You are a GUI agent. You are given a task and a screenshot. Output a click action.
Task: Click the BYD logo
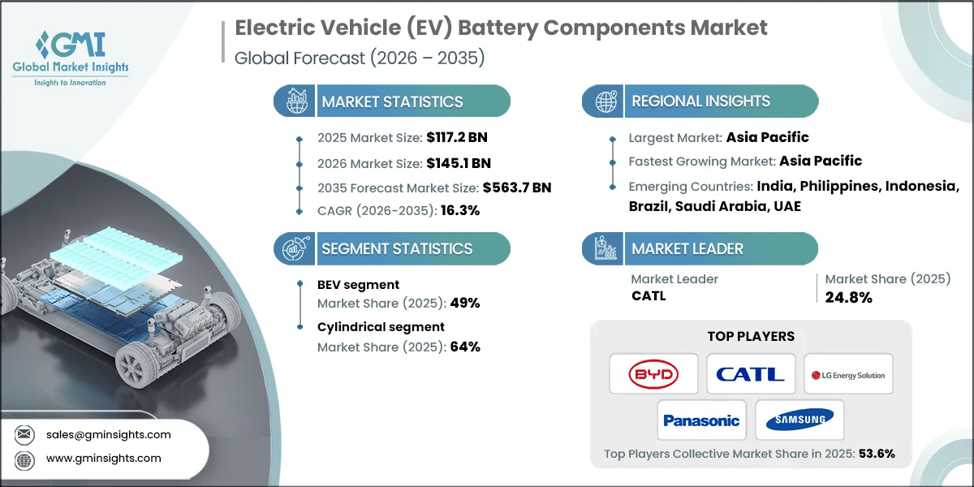click(x=653, y=375)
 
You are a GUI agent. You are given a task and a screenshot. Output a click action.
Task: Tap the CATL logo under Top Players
click(x=751, y=375)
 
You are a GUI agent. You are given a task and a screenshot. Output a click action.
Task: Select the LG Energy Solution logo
click(x=848, y=375)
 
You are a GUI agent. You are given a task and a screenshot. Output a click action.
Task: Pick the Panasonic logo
click(x=701, y=420)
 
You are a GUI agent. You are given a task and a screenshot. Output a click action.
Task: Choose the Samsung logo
click(x=799, y=420)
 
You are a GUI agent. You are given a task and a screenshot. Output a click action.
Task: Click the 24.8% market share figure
click(x=848, y=297)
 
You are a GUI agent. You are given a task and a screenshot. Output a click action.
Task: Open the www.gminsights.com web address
click(x=103, y=458)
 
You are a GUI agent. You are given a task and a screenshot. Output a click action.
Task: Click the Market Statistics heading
click(x=392, y=102)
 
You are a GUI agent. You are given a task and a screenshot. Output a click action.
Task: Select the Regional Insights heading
click(x=700, y=102)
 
